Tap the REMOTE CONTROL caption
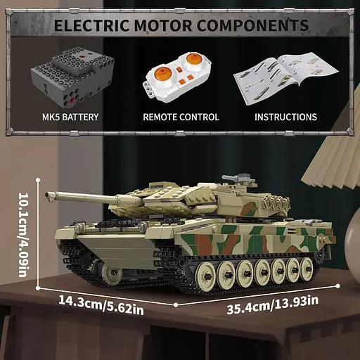(181, 117)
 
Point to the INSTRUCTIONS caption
(285, 117)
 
